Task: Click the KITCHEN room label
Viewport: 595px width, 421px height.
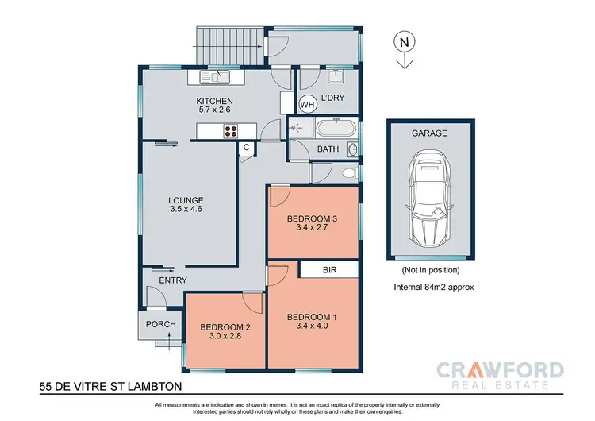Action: (215, 101)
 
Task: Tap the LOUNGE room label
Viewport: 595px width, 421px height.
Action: (186, 200)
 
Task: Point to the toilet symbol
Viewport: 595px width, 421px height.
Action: (346, 172)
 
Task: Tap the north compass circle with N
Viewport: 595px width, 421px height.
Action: (405, 41)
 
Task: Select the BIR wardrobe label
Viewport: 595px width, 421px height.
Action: (328, 270)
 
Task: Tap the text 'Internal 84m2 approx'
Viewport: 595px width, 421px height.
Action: (433, 288)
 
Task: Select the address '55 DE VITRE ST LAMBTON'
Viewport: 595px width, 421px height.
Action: (111, 388)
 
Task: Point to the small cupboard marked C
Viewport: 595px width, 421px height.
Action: (247, 148)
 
